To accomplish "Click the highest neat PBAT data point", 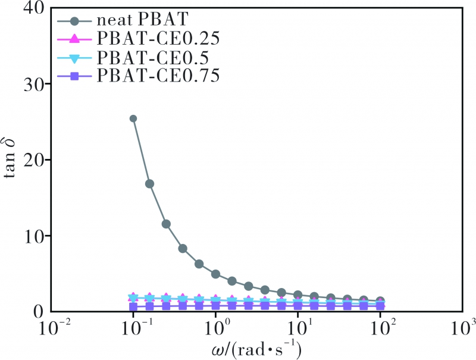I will tap(133, 118).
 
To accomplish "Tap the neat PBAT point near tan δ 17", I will tap(150, 184).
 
